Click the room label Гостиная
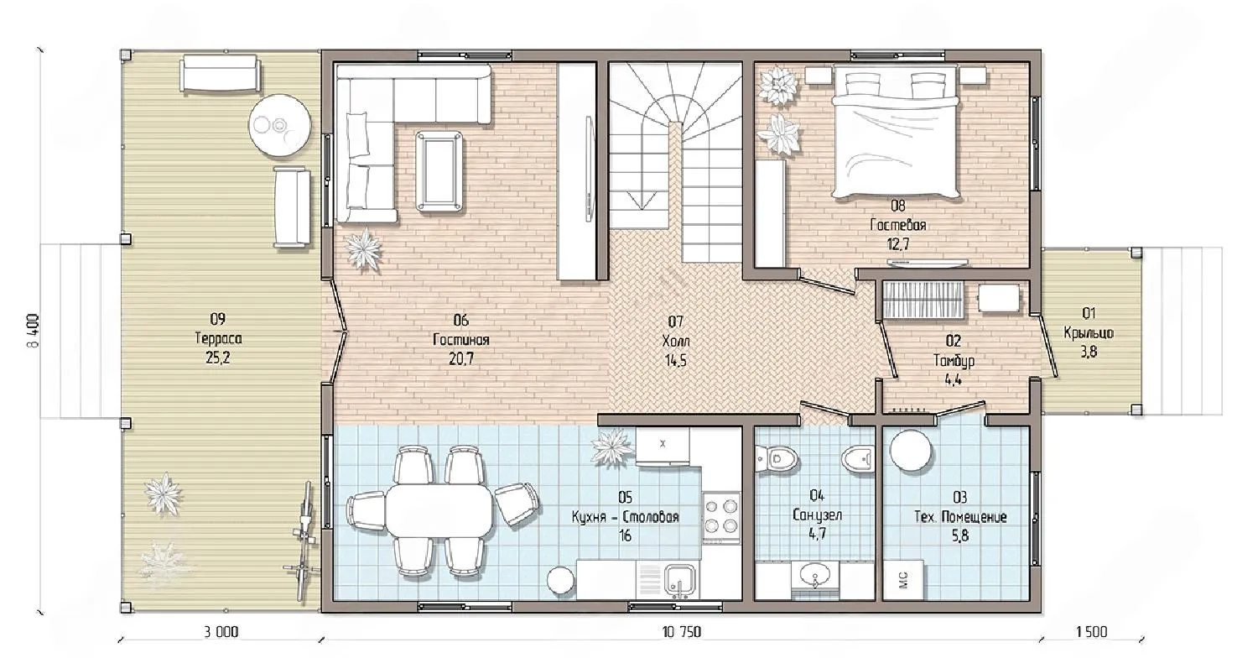pyautogui.click(x=461, y=340)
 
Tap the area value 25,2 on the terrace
pyautogui.click(x=218, y=358)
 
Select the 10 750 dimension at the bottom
pyautogui.click(x=682, y=632)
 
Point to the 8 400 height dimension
pyautogui.click(x=34, y=331)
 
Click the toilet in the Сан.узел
pyautogui.click(x=777, y=459)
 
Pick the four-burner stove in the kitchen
pyautogui.click(x=721, y=516)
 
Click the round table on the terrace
pyautogui.click(x=279, y=126)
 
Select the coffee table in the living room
pyautogui.click(x=439, y=172)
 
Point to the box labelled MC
pyautogui.click(x=903, y=579)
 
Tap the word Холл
pyautogui.click(x=676, y=341)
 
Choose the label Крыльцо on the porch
pyautogui.click(x=1089, y=332)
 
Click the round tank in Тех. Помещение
pyautogui.click(x=911, y=452)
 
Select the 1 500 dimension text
pyautogui.click(x=1092, y=632)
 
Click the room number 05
pyautogui.click(x=625, y=498)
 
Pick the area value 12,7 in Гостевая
pyautogui.click(x=898, y=244)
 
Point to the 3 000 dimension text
pyautogui.click(x=221, y=632)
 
